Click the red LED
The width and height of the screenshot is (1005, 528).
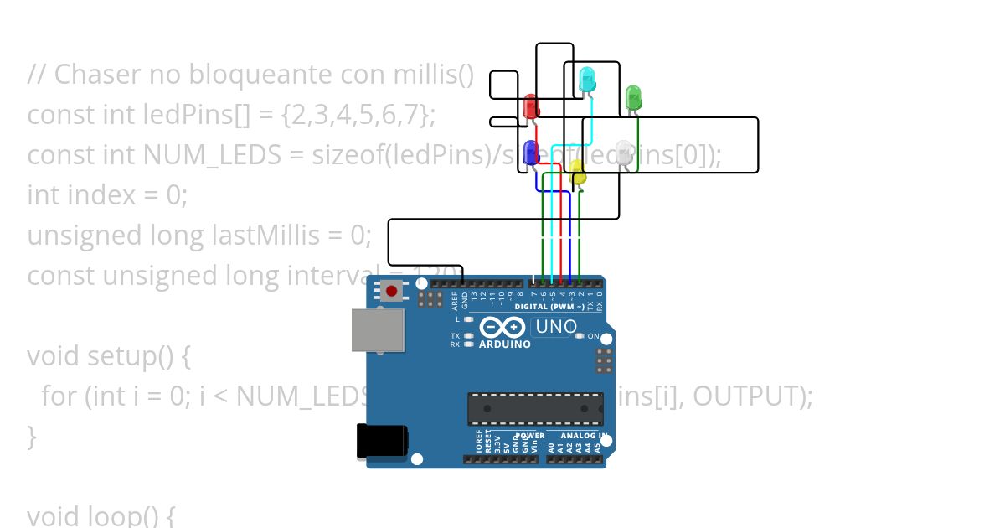coord(531,106)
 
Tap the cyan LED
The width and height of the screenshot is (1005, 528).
coord(587,80)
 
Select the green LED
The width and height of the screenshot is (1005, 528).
coord(633,96)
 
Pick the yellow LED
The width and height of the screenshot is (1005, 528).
coord(578,175)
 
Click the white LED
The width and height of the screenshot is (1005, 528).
coord(624,153)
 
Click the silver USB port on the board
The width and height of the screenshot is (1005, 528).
coord(377,329)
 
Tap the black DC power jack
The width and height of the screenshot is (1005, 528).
coord(382,441)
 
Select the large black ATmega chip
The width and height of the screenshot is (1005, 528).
coord(534,408)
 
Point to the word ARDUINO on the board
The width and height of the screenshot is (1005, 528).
coord(504,344)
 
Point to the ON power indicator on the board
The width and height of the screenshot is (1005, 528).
coord(592,336)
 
